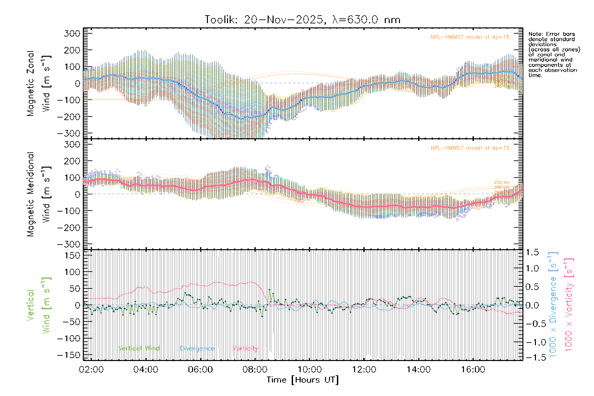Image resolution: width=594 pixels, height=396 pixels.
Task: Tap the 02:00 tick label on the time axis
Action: (x=91, y=370)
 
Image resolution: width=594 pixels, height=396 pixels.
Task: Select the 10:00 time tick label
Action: (x=309, y=370)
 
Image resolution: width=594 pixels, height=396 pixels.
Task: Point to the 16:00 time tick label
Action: (x=473, y=370)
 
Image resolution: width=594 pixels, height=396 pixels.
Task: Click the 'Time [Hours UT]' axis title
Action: (x=303, y=380)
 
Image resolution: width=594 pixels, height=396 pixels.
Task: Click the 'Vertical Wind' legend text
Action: (x=139, y=348)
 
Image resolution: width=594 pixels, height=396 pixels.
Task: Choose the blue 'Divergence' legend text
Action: (x=197, y=348)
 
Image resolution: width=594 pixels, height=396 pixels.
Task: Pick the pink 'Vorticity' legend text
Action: (x=245, y=348)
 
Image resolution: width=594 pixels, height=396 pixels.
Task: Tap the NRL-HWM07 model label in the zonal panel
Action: (x=470, y=37)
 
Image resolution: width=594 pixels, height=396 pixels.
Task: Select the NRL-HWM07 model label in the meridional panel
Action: (x=470, y=148)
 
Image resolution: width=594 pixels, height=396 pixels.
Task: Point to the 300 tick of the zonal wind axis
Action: (x=72, y=34)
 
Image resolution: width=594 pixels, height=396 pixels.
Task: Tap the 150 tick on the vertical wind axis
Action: (x=72, y=255)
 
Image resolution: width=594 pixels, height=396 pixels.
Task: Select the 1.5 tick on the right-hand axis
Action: (x=532, y=252)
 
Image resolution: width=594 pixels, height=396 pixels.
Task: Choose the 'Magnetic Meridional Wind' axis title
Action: (x=39, y=194)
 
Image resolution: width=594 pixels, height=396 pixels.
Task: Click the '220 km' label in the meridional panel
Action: (x=502, y=182)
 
